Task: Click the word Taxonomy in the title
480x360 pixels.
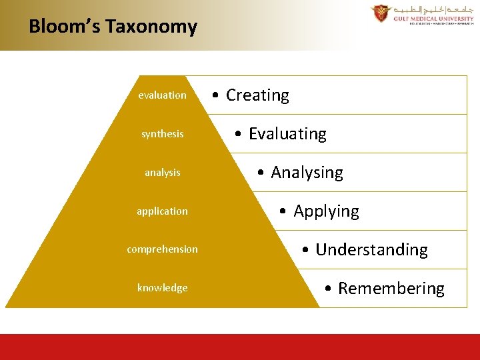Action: click(x=151, y=27)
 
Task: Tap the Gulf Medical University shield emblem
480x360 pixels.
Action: click(x=381, y=13)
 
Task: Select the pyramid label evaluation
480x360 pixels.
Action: click(x=162, y=95)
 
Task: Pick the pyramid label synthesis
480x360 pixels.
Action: click(x=162, y=134)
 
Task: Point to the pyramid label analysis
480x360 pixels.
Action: click(x=162, y=173)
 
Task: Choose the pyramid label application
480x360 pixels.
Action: click(x=162, y=211)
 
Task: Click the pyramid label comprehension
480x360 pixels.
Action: click(x=162, y=249)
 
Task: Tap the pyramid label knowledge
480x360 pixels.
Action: click(x=162, y=288)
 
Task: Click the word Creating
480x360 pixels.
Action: click(x=257, y=95)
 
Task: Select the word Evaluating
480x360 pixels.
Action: click(x=287, y=134)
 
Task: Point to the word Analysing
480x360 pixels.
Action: click(x=307, y=173)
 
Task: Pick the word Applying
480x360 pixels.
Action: click(x=326, y=211)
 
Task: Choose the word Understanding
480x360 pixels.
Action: click(x=371, y=250)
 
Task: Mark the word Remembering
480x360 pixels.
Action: click(x=391, y=289)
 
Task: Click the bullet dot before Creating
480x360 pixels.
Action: click(x=216, y=96)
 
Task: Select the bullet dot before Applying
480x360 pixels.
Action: click(x=283, y=212)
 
